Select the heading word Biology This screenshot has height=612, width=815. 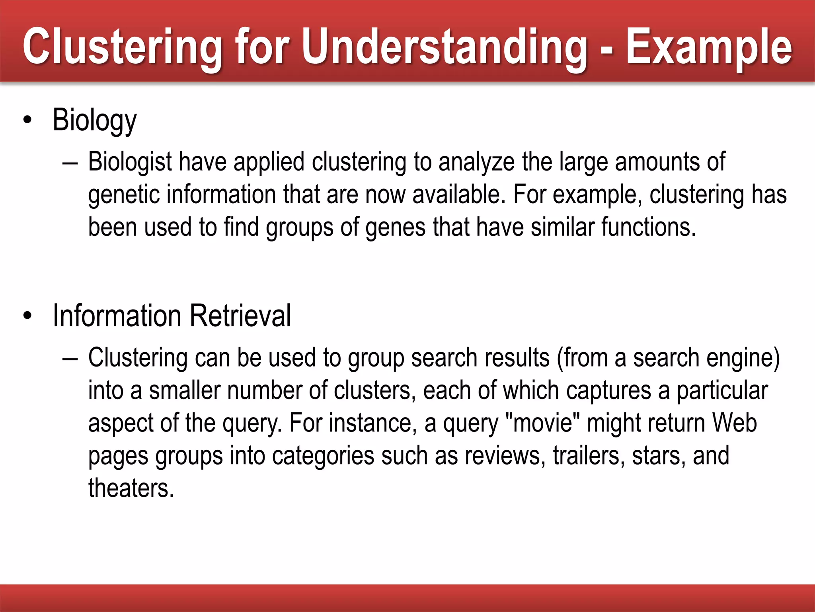point(95,120)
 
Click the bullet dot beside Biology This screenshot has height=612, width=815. point(27,120)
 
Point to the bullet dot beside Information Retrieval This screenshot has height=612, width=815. point(27,316)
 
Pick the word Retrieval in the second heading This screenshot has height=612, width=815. point(240,316)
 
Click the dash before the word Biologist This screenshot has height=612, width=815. point(70,163)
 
